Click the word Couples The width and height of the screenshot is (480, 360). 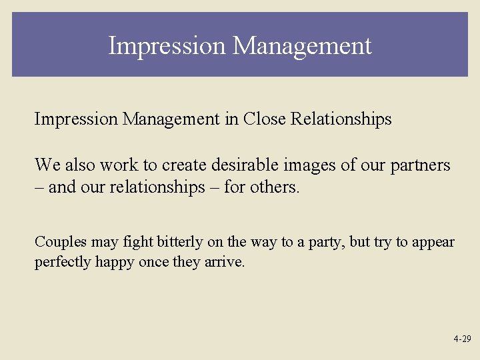coord(57,242)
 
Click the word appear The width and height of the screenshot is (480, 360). coord(433,242)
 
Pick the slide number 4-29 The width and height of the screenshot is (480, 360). coord(462,339)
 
